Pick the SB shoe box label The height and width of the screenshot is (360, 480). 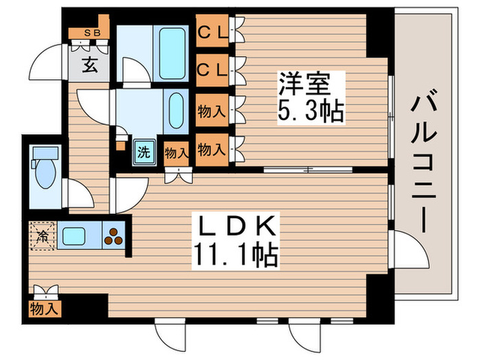point(91,33)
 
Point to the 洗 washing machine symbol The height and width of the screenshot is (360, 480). point(144,151)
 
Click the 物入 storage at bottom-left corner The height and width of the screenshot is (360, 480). point(45,309)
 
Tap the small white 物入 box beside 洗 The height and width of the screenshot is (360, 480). point(176,152)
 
